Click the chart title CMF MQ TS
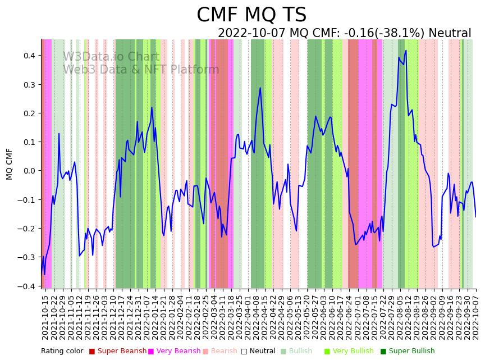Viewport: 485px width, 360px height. click(251, 15)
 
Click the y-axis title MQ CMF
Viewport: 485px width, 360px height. click(10, 164)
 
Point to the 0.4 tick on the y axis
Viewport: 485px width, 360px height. click(29, 56)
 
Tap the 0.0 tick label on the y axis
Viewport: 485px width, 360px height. click(29, 171)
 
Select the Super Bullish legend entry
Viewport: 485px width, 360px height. click(411, 351)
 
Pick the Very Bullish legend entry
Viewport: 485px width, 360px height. click(353, 351)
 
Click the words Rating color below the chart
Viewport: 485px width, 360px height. click(62, 351)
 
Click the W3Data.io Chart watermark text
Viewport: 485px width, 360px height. click(111, 57)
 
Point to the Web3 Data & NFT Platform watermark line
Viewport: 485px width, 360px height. click(141, 70)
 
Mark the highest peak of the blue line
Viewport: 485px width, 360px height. click(406, 51)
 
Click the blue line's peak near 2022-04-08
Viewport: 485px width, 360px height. click(260, 88)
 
